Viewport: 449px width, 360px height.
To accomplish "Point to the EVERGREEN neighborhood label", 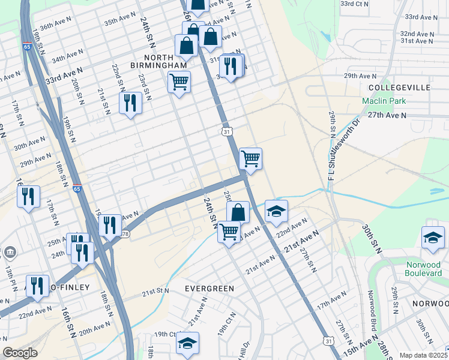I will click(209, 289).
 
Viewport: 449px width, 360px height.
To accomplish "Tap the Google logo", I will click(20, 353).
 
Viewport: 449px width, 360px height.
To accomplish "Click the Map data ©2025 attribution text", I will click(424, 355).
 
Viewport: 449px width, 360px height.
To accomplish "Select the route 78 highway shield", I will click(124, 234).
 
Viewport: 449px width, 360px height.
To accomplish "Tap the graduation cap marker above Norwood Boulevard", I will click(433, 238).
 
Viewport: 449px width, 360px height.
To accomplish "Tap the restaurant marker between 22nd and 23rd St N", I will click(130, 103).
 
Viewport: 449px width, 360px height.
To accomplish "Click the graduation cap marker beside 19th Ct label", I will click(187, 343).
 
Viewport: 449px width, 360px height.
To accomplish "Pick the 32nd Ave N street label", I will click(417, 34).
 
